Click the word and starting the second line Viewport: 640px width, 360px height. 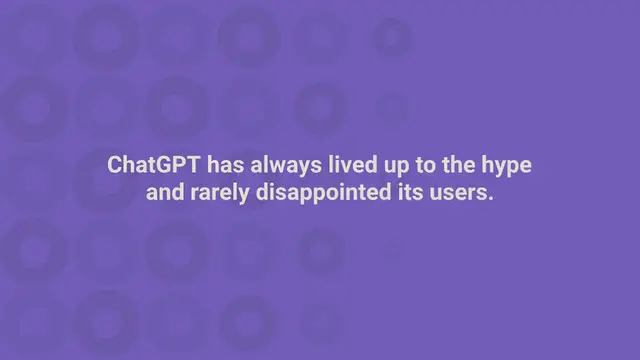click(x=164, y=192)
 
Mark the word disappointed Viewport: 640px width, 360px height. click(x=324, y=193)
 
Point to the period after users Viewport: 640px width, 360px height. click(x=491, y=197)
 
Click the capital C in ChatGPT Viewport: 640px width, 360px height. click(x=116, y=165)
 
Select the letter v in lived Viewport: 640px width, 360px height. click(x=342, y=167)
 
